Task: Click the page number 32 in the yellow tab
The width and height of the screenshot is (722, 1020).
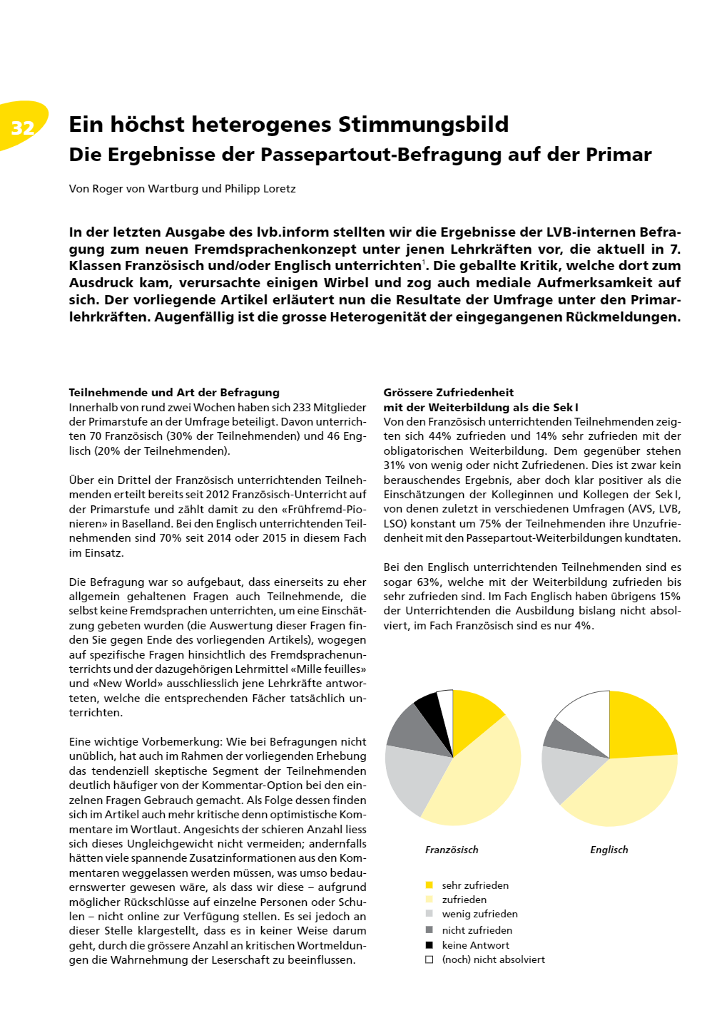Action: pyautogui.click(x=23, y=128)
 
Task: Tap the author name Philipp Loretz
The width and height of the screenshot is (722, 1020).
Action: pyautogui.click(x=260, y=189)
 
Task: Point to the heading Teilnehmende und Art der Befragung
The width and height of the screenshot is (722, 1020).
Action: pyautogui.click(x=174, y=392)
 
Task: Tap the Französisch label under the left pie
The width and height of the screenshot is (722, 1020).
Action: pyautogui.click(x=452, y=850)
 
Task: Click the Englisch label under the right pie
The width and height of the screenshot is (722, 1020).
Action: pyautogui.click(x=609, y=850)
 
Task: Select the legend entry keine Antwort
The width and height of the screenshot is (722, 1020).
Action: pyautogui.click(x=475, y=945)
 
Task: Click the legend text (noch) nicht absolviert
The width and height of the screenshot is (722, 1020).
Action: pyautogui.click(x=493, y=959)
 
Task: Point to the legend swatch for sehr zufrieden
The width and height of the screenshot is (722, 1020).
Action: pyautogui.click(x=429, y=885)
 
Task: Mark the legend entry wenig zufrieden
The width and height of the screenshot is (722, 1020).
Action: pyautogui.click(x=479, y=914)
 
